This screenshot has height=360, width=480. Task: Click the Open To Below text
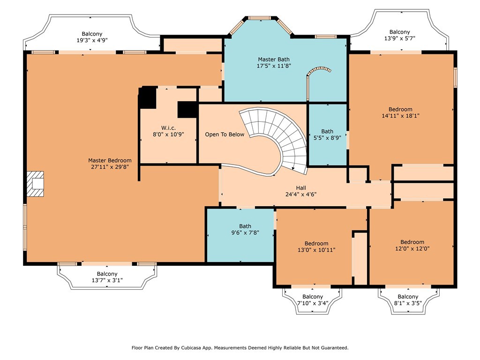[x=225, y=135]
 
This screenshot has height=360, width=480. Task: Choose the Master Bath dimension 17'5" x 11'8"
[x=274, y=66]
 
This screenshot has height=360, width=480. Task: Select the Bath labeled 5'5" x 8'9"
[x=327, y=135]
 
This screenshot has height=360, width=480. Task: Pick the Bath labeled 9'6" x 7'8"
[x=245, y=229]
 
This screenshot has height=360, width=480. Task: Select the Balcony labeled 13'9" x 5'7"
[x=399, y=35]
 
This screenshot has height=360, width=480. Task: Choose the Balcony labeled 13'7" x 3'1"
[x=107, y=277]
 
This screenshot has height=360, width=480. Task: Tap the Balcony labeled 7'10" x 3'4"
[x=313, y=300]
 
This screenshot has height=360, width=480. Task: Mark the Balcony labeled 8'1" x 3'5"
[x=408, y=300]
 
